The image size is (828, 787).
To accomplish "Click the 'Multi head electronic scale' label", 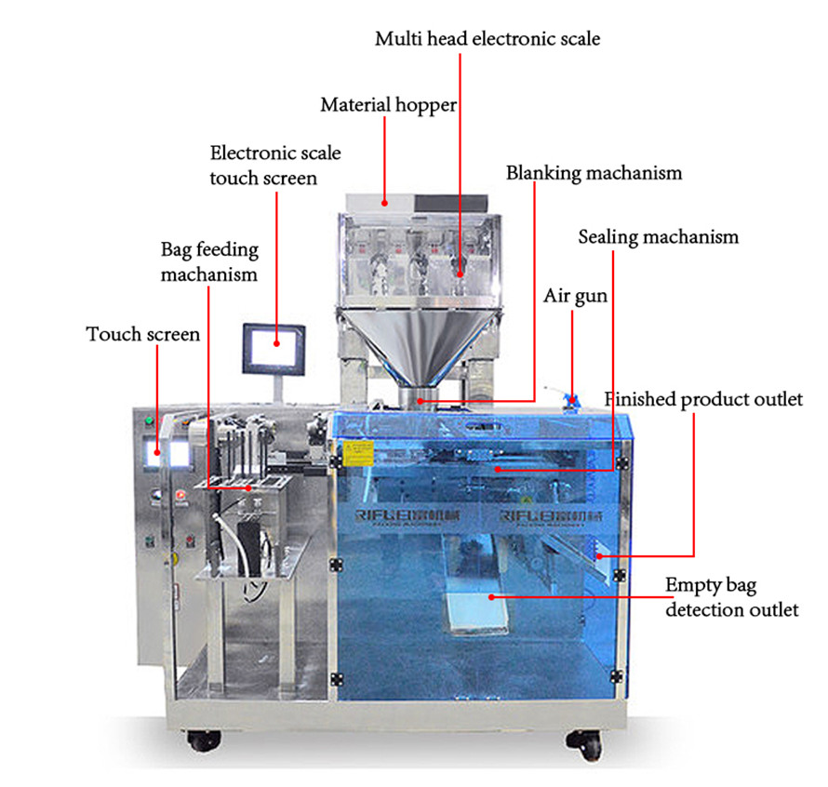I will pos(487,39).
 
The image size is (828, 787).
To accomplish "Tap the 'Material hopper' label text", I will pos(388,105).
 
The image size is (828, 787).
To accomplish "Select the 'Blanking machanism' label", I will pos(594,173).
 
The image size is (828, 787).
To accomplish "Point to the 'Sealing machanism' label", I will pos(658,236).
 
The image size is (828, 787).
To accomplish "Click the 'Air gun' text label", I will pos(575,296).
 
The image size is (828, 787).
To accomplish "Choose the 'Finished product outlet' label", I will pos(703,400).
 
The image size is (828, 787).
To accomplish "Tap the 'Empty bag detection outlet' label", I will pos(730,598).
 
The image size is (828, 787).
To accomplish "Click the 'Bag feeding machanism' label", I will pos(209,262).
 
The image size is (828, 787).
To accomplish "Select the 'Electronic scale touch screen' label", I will pos(274,165).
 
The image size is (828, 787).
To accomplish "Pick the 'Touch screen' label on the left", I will pos(143,334).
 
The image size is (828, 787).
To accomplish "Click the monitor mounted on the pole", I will pos(274,347).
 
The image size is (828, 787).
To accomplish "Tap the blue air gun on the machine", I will pos(572,398).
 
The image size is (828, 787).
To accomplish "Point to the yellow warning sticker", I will pos(355,453).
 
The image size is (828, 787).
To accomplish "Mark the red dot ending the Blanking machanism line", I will pos(421,400).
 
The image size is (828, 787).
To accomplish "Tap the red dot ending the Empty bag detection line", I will pos(493,595).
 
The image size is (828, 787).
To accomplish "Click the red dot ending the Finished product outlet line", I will pos(600,555).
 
